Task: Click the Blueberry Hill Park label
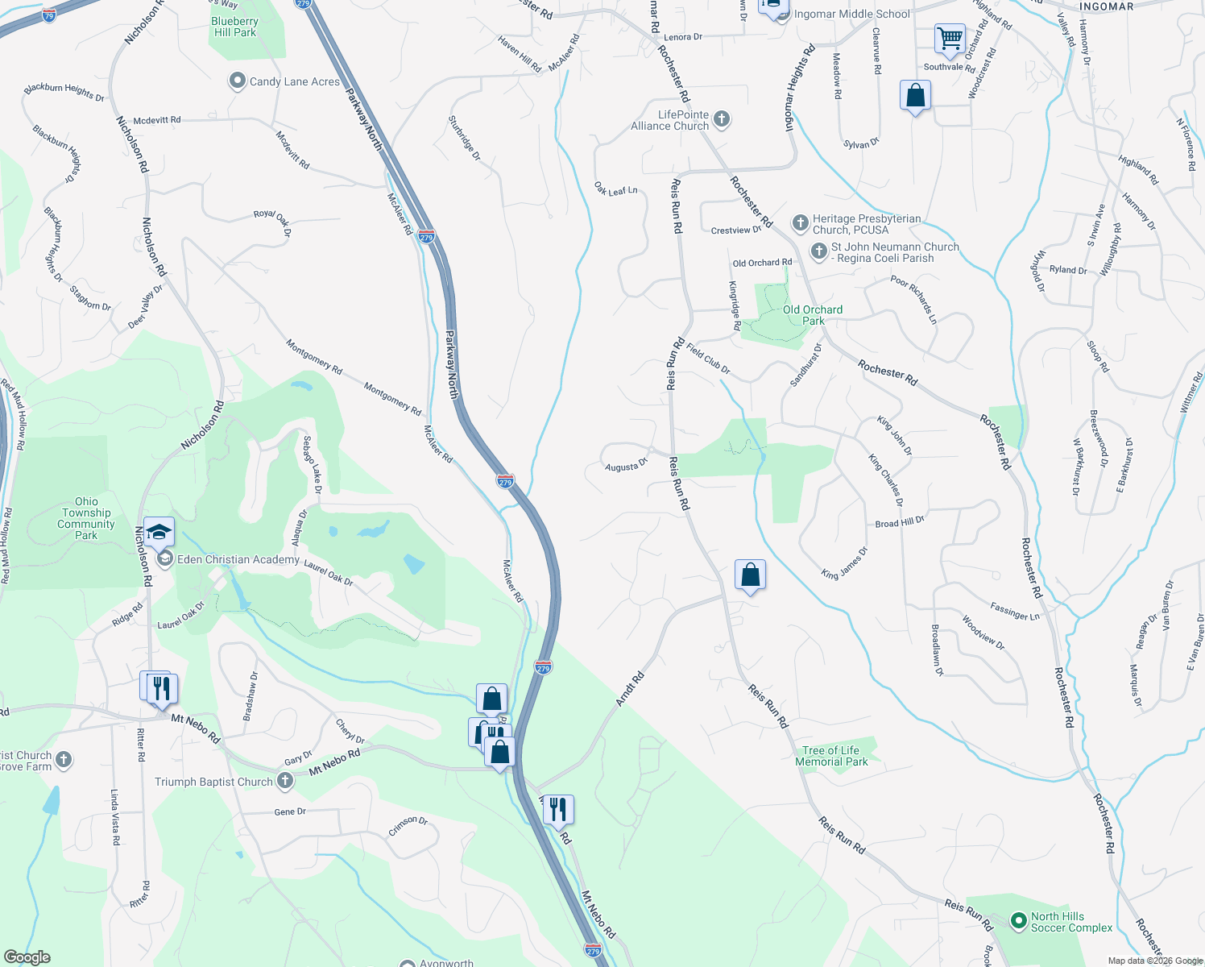tap(234, 27)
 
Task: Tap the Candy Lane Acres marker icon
tap(237, 81)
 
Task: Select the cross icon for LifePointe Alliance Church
tap(722, 120)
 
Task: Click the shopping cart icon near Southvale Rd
tap(950, 39)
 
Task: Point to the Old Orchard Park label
tap(812, 315)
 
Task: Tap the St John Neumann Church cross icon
tap(818, 252)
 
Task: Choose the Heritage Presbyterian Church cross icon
tap(800, 223)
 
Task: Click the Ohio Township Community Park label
tap(86, 518)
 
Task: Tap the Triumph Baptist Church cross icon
tap(284, 781)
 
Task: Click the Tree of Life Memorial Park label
tap(830, 756)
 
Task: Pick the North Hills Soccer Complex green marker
tap(1018, 920)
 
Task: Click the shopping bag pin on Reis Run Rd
tap(750, 575)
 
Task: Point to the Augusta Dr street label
tap(626, 466)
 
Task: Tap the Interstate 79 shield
tap(49, 15)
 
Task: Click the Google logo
tap(27, 957)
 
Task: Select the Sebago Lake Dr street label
tap(313, 465)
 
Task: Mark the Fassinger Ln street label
tap(1015, 612)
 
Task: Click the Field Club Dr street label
tap(708, 359)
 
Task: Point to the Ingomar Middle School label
tap(851, 14)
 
